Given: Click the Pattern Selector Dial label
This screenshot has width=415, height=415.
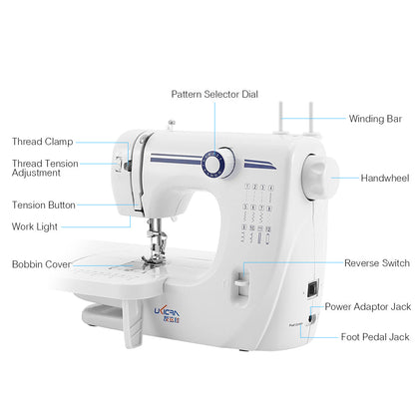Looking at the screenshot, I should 213,94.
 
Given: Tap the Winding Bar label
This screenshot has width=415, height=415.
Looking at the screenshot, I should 375,119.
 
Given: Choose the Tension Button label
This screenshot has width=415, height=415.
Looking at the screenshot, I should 43,205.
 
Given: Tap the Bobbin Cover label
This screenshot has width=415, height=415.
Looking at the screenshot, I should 41,264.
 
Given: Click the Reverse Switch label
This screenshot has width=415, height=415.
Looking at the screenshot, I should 376,263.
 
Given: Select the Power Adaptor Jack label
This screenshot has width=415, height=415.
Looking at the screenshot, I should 366,306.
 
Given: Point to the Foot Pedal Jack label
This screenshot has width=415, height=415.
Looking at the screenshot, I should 373,337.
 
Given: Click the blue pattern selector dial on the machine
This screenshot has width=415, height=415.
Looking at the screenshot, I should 212,163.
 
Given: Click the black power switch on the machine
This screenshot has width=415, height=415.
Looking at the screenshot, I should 310,289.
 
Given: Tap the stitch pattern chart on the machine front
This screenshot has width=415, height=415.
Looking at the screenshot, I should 255,209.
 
